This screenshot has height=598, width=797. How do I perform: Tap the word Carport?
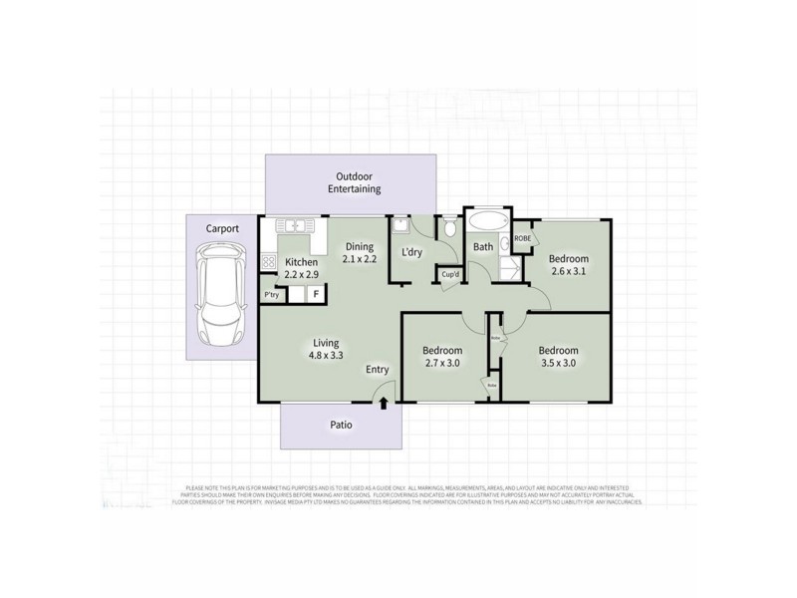point(222,228)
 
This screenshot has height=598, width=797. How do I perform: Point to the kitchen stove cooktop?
point(268,261)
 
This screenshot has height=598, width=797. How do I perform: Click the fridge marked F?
point(316,294)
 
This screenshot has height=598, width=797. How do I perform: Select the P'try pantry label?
point(270,295)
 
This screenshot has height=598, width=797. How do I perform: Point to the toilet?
point(450,229)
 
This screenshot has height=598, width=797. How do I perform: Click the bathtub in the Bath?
point(487,221)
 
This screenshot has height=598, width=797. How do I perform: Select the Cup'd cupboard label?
point(450,274)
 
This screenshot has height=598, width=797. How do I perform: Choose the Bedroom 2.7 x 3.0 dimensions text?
point(441,364)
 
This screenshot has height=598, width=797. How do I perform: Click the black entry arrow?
point(384,402)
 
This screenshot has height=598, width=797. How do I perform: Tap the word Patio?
point(341,425)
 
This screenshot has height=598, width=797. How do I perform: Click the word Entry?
point(377,370)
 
